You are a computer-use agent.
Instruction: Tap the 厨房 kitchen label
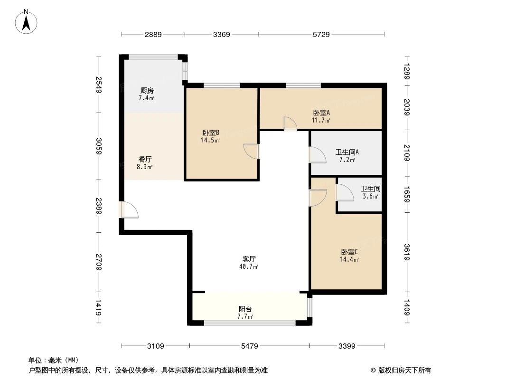click(x=147, y=90)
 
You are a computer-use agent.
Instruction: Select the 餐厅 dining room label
click(x=145, y=160)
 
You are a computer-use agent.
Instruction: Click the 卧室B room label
click(x=210, y=133)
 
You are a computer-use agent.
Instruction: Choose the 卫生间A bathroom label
click(x=347, y=152)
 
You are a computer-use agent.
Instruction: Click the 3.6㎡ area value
click(x=370, y=196)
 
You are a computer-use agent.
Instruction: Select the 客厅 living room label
click(x=249, y=259)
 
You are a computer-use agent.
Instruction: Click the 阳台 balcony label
click(x=245, y=309)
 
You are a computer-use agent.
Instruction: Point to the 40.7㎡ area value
click(x=249, y=267)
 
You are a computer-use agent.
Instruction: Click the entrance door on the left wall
click(x=128, y=210)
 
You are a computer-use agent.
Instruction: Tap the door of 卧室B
click(x=252, y=151)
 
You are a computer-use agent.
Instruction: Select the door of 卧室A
click(x=290, y=123)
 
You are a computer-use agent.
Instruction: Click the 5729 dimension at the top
click(x=321, y=34)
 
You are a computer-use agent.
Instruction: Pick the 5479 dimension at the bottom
click(x=249, y=346)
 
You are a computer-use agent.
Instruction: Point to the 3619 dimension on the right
click(x=407, y=252)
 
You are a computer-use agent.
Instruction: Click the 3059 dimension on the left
click(x=99, y=146)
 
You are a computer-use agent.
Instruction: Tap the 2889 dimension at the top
click(x=153, y=34)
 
